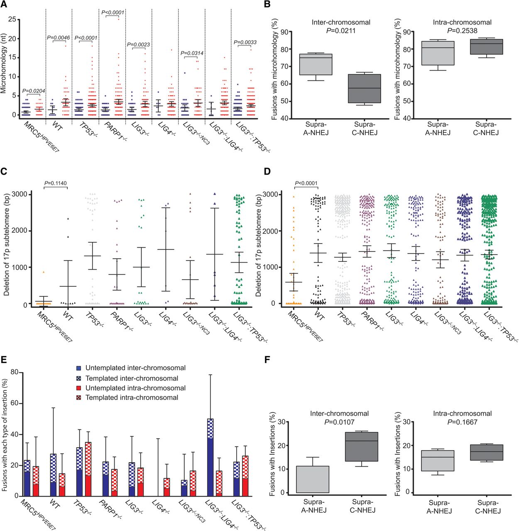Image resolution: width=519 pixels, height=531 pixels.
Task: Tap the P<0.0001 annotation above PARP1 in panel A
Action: (x=113, y=12)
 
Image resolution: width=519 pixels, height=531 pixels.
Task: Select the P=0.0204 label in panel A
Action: (x=34, y=91)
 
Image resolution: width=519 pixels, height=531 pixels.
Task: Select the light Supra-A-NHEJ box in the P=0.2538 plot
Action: (x=438, y=53)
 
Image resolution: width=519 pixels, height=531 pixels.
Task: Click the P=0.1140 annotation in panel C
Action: (x=56, y=183)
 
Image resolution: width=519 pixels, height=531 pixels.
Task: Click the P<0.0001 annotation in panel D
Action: (x=306, y=183)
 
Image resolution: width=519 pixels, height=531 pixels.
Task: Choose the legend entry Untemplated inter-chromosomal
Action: (x=135, y=368)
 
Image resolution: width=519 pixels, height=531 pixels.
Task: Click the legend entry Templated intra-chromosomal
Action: (x=132, y=397)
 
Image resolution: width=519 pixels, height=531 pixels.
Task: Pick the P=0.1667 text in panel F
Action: (x=462, y=422)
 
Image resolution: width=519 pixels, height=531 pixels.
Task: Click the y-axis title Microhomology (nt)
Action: (x=4, y=64)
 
